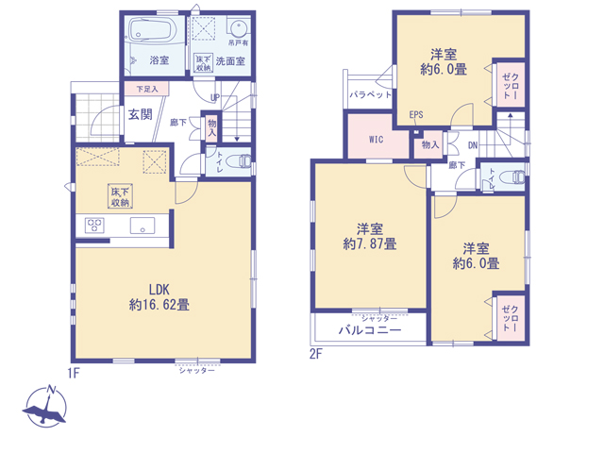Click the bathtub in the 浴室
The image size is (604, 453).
(152, 30)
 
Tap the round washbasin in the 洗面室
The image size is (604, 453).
(239, 28)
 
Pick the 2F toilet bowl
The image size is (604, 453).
(512, 177)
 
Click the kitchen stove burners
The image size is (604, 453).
(94, 226)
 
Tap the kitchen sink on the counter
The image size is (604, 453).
(143, 226)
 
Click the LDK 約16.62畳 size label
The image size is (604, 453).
(159, 297)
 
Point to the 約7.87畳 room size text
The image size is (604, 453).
(370, 243)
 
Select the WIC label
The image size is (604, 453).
(376, 139)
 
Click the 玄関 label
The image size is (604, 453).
(140, 114)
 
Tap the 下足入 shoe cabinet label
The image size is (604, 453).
(147, 89)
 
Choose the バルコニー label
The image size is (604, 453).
(370, 330)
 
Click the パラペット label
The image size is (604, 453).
(370, 94)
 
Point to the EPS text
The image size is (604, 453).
(416, 115)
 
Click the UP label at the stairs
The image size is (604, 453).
(215, 97)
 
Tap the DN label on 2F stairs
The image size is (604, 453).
(473, 145)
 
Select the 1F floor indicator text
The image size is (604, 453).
(74, 373)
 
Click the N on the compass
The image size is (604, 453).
(50, 390)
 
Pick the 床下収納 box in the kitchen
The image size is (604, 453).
(120, 196)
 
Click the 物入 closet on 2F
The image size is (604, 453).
(430, 144)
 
